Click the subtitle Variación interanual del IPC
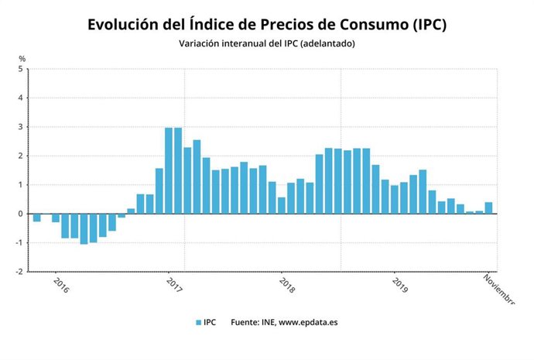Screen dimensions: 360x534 tap(267, 44)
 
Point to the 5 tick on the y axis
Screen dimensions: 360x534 tap(22, 69)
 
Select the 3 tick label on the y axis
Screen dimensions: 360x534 tap(22, 127)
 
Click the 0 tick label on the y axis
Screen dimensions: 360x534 tap(22, 214)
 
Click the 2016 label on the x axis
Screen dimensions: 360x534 tap(62, 285)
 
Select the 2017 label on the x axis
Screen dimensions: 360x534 tap(174, 285)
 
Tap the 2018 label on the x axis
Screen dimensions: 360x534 tap(286, 285)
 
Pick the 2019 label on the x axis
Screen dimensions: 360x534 tap(399, 285)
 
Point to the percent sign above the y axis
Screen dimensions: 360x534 tap(22, 59)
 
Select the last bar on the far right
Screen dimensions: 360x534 tap(488, 207)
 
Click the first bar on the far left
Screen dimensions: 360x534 tap(36, 218)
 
